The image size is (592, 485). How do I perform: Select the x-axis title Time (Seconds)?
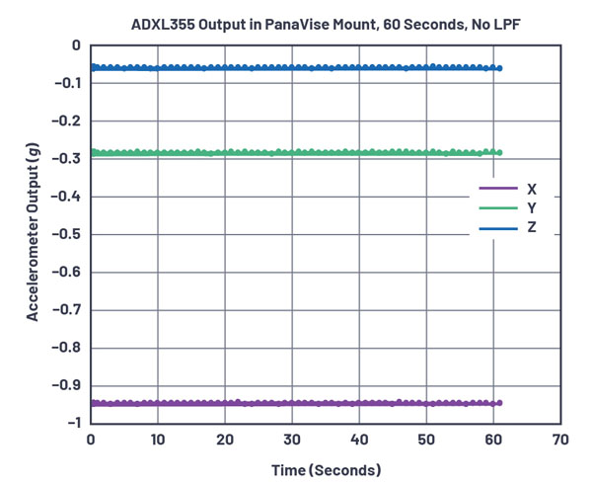tap(326, 469)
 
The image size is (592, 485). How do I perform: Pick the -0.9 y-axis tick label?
tap(68, 385)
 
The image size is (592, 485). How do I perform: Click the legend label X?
tap(531, 188)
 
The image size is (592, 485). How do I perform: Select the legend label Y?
tap(531, 208)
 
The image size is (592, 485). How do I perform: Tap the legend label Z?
tap(531, 229)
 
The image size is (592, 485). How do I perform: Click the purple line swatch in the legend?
tap(498, 188)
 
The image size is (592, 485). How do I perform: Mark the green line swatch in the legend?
tap(498, 208)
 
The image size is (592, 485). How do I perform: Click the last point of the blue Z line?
tap(499, 68)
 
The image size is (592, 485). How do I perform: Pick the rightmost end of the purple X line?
tap(499, 403)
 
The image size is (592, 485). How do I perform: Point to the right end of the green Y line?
tap(499, 153)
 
